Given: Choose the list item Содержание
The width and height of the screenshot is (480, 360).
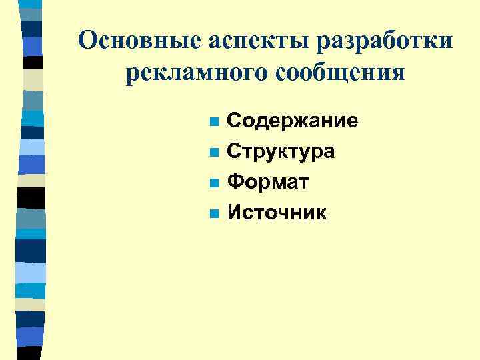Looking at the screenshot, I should [293, 121].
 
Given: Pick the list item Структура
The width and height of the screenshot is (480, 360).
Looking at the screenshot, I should [281, 152].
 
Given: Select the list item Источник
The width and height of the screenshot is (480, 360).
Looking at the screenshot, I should [277, 213].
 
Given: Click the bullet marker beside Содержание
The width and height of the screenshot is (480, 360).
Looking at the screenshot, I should [213, 123].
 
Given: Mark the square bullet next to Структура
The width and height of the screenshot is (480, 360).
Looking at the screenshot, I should [213, 153].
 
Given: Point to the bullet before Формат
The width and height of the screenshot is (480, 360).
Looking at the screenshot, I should [213, 183].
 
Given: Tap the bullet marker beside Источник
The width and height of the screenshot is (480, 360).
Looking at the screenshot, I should [213, 214].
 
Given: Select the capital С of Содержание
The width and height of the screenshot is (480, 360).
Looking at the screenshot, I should [234, 121].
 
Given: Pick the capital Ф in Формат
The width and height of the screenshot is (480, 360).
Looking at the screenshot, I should [235, 182].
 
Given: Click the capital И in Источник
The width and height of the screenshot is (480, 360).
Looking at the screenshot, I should [235, 213].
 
